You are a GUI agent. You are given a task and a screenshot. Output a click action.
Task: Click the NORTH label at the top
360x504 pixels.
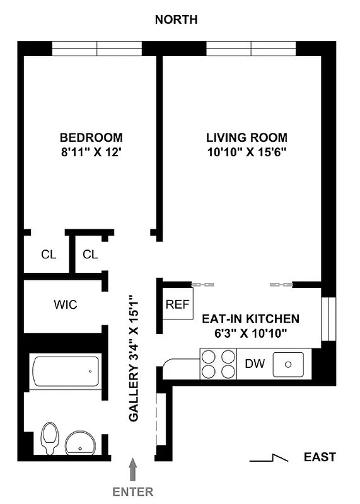[x=177, y=20]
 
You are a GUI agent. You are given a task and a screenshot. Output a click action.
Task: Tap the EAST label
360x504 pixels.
[x=319, y=457]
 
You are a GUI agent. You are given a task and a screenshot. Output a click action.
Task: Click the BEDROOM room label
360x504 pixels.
[x=91, y=137]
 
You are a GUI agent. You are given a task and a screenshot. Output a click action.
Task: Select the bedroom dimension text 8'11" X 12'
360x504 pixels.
[x=91, y=152]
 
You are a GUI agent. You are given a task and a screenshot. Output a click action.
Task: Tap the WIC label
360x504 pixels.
[x=65, y=305]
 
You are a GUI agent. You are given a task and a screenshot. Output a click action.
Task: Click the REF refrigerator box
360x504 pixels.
[x=177, y=304]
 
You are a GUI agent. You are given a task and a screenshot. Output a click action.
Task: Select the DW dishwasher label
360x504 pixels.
[x=254, y=364]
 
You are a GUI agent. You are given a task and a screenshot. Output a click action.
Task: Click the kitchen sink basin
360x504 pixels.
[x=288, y=364]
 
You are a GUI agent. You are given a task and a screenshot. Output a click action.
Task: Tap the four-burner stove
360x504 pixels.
[x=218, y=364]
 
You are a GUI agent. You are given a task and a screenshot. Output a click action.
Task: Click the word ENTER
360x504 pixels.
[x=132, y=491]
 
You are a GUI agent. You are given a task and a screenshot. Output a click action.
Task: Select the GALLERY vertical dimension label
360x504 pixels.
[x=134, y=358]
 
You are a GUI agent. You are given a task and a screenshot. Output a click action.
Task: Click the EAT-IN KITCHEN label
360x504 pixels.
[x=250, y=319]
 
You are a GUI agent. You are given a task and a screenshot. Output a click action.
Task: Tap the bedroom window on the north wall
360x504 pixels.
[x=97, y=48]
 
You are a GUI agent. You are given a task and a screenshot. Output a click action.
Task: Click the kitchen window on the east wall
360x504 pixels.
[x=326, y=318]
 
